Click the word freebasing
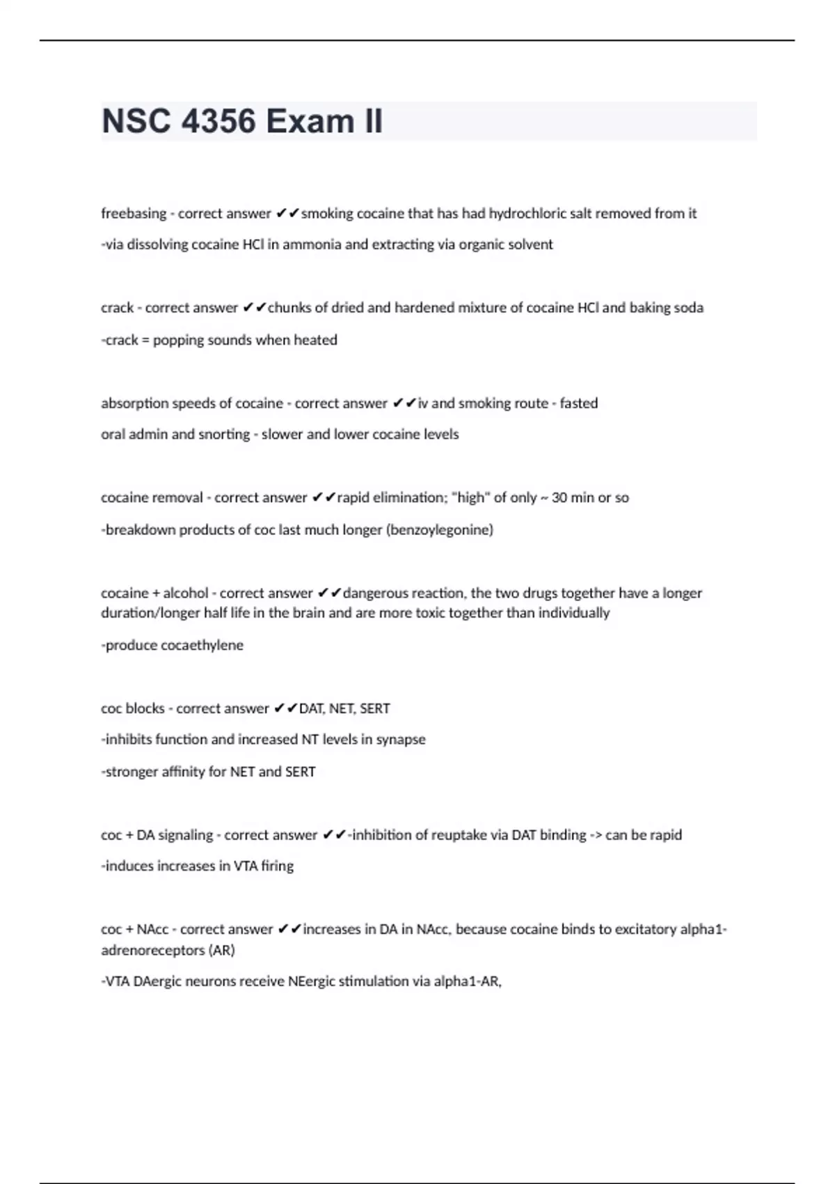tap(134, 214)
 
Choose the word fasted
tap(579, 403)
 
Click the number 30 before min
tap(559, 498)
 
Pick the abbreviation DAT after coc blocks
tap(311, 709)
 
